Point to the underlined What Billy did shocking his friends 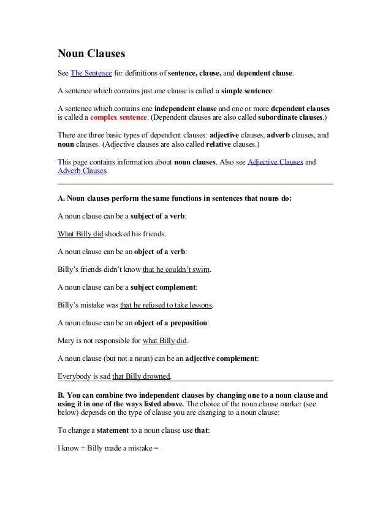click(x=80, y=233)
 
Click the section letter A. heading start click(x=61, y=198)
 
